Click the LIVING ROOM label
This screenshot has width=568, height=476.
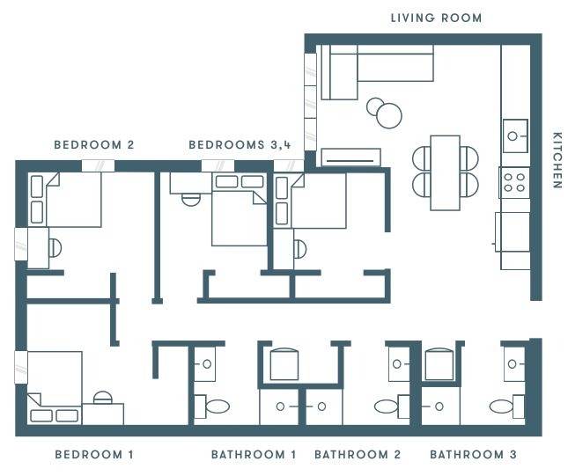click(x=436, y=18)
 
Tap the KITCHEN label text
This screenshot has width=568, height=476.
click(x=557, y=160)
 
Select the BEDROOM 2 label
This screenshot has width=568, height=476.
click(x=93, y=144)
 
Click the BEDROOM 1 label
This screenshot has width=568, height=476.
click(x=93, y=455)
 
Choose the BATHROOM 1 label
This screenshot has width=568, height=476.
click(x=254, y=455)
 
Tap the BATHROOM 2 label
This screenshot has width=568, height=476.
click(x=358, y=455)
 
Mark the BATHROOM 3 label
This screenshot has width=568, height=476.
click(x=473, y=455)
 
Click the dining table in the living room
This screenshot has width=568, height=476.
click(x=445, y=172)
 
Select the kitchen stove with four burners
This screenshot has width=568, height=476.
click(x=514, y=182)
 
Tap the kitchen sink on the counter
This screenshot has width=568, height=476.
click(x=514, y=135)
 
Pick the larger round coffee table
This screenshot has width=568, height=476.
click(x=388, y=115)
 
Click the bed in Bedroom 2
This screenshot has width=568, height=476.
click(x=70, y=200)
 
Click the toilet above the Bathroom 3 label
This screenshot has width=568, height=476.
click(x=502, y=406)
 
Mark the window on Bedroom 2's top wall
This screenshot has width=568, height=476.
click(x=97, y=165)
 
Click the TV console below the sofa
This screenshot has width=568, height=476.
click(x=350, y=157)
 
